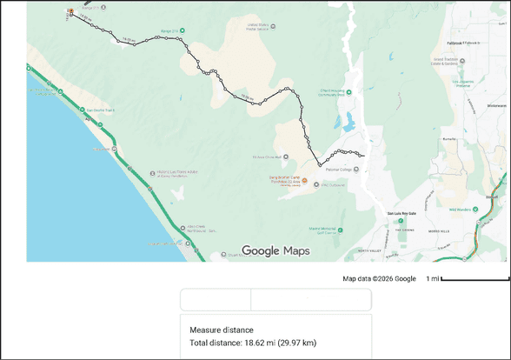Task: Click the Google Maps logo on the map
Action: pyautogui.click(x=275, y=251)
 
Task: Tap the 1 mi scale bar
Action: pyautogui.click(x=474, y=279)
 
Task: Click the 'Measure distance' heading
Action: pyautogui.click(x=222, y=330)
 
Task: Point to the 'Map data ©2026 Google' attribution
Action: pyautogui.click(x=379, y=279)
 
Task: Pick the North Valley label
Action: pyautogui.click(x=355, y=250)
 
